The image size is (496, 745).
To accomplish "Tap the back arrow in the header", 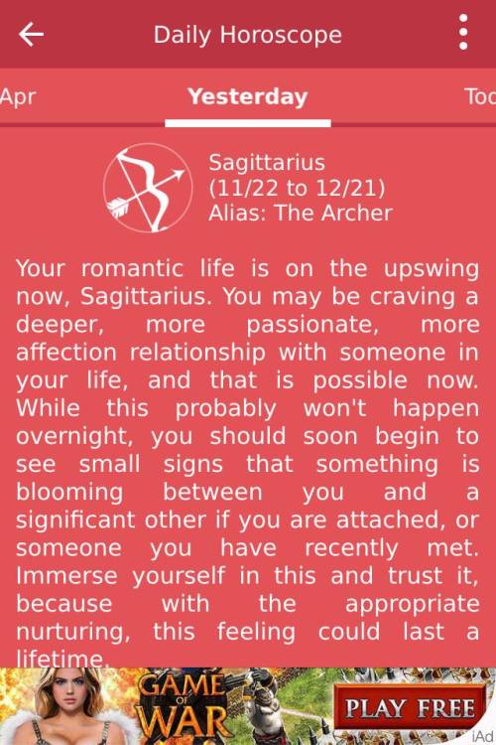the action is (31, 34).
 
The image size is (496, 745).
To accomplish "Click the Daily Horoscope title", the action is (248, 35).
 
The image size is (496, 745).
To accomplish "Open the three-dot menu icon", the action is (463, 32).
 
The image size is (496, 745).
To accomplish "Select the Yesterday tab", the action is (248, 96).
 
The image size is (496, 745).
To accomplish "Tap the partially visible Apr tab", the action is (18, 97).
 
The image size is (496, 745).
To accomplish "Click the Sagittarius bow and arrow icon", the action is (148, 188).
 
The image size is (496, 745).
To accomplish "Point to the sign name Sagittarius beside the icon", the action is (267, 163).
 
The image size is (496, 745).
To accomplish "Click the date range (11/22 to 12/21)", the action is (298, 188).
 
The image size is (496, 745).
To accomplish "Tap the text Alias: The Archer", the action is (301, 213).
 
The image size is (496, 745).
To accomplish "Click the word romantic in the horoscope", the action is (132, 269).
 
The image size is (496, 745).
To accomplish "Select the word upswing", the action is (432, 270).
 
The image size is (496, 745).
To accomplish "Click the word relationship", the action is (197, 354).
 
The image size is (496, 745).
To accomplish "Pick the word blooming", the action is (69, 493).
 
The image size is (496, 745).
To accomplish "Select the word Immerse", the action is (66, 576).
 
